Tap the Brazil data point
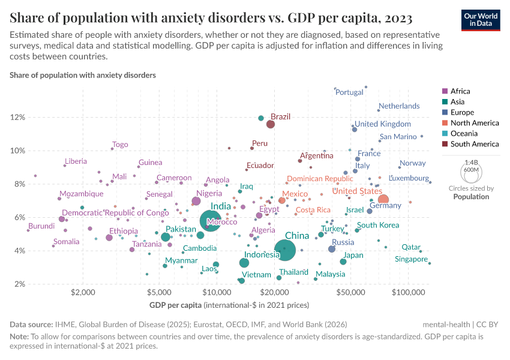(x=271, y=124)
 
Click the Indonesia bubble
(x=244, y=263)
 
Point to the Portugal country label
(x=350, y=92)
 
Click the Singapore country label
(x=412, y=259)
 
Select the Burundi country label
(x=41, y=226)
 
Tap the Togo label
(x=120, y=145)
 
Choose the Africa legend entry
(x=460, y=91)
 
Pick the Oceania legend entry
(x=464, y=133)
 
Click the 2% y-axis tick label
(x=19, y=284)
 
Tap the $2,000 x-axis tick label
(x=83, y=293)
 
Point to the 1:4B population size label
(x=472, y=163)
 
